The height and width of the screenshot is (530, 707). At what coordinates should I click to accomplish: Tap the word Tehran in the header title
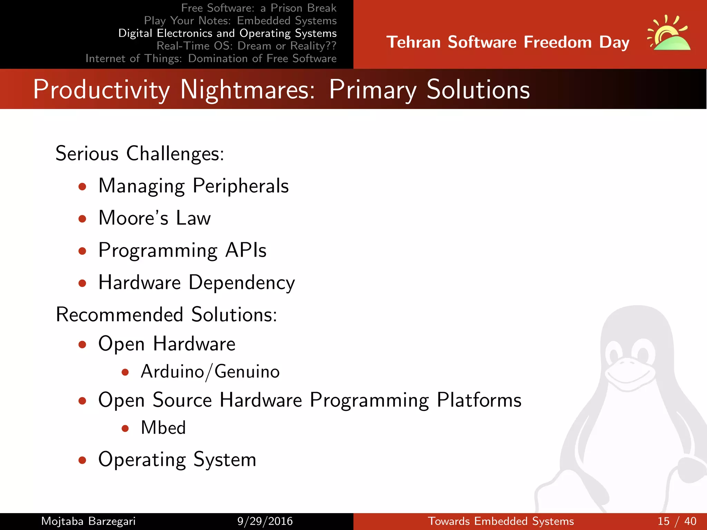point(413,42)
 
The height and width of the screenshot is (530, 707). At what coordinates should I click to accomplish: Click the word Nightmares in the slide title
point(247,90)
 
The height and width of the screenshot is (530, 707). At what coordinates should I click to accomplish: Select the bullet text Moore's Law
point(154,218)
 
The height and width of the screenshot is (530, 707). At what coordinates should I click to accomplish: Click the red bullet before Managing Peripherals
point(82,187)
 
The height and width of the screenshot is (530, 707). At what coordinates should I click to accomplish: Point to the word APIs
point(246,250)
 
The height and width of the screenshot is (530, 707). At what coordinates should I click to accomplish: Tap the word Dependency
point(242,283)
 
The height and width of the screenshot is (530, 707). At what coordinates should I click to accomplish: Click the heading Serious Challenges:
point(140,154)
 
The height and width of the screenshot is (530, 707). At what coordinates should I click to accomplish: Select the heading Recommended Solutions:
point(166,315)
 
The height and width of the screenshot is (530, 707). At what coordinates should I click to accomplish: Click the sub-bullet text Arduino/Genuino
point(210,372)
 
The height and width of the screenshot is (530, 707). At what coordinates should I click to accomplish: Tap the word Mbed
point(163,428)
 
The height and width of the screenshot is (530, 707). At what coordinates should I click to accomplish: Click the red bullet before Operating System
point(82,460)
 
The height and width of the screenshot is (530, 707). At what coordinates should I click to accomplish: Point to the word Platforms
point(479,400)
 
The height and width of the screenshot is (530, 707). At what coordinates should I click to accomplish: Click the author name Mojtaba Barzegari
point(88,521)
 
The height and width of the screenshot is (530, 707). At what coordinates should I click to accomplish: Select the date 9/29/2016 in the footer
point(265,521)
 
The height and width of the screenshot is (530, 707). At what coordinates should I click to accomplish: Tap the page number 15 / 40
point(677,521)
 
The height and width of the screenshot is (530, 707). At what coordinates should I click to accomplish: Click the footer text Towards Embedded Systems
point(501,521)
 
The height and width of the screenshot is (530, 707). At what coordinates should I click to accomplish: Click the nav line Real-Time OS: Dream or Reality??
point(246,46)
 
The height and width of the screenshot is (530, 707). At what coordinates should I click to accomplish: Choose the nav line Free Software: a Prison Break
point(259,8)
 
